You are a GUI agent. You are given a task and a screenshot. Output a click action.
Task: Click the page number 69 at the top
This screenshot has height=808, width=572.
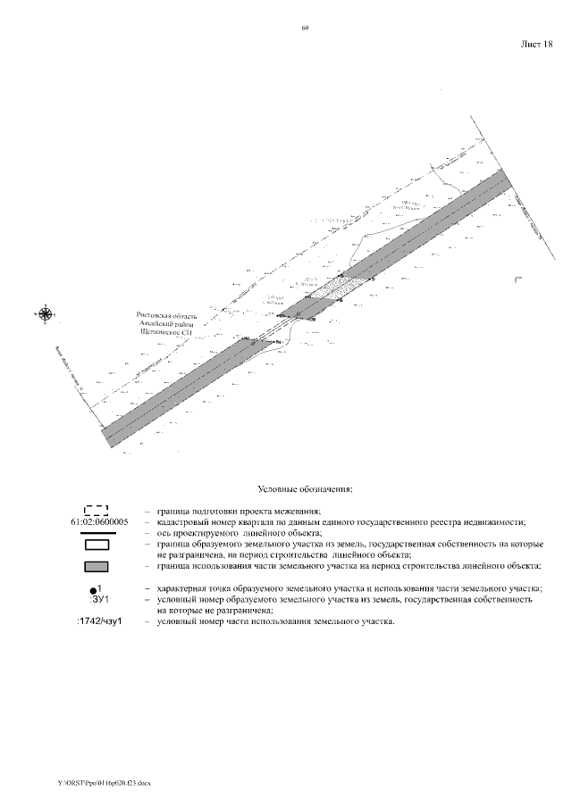pos(305,29)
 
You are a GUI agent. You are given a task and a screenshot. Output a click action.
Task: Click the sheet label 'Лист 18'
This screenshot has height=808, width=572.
pos(536,44)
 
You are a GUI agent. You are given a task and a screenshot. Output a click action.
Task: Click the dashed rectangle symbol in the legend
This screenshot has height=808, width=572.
pos(96,511)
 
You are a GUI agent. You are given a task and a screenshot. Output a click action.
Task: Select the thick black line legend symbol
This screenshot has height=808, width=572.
pos(96,532)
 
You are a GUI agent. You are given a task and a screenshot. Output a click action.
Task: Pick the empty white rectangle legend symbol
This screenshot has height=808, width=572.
pos(96,544)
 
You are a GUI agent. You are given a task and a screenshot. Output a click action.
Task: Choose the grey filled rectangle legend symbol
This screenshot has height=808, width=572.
pos(96,566)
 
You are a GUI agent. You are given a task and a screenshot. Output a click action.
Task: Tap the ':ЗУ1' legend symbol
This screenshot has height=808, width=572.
pos(98,599)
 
